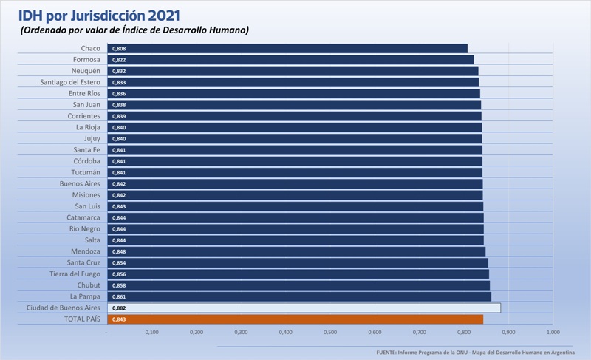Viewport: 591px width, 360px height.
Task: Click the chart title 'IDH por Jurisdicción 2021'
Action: (x=99, y=14)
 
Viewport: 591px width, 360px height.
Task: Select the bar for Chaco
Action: (x=288, y=48)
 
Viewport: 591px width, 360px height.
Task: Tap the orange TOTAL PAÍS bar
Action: (x=295, y=319)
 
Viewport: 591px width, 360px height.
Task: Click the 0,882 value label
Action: (x=119, y=308)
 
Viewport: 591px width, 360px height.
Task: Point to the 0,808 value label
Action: (x=119, y=48)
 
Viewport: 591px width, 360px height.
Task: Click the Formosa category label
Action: (x=86, y=60)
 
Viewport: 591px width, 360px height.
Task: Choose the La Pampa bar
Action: (x=299, y=296)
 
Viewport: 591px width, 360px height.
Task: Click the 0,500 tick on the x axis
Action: (x=330, y=333)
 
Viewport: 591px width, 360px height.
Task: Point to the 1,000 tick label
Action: (x=553, y=333)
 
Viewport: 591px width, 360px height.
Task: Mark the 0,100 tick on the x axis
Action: (x=152, y=333)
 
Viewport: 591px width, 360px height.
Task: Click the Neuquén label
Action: (x=85, y=71)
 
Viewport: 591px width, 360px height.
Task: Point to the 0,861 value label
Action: (x=119, y=296)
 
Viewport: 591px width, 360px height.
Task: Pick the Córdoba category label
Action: (x=86, y=161)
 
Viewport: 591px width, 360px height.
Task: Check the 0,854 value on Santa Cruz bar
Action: (x=119, y=262)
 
